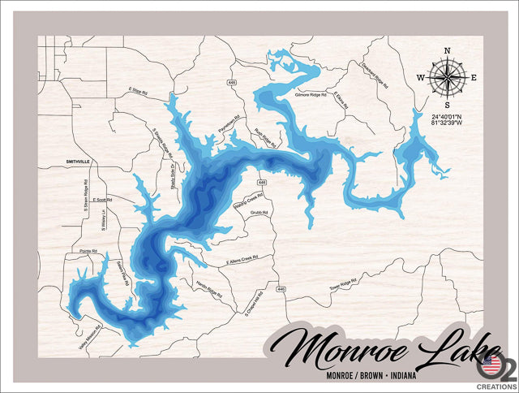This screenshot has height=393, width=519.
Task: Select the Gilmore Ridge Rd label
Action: click(311, 95)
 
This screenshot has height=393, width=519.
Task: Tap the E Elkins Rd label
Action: click(343, 101)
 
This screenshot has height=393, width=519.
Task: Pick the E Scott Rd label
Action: click(103, 199)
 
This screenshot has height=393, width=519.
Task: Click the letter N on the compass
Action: click(447, 51)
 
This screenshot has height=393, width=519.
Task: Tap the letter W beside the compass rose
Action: click(421, 78)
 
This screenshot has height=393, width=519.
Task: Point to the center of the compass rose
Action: click(447, 78)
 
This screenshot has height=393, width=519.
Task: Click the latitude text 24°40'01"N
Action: click(448, 116)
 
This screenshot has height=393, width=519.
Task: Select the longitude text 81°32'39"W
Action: click(448, 124)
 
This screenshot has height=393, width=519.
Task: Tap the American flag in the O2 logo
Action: click(491, 360)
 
